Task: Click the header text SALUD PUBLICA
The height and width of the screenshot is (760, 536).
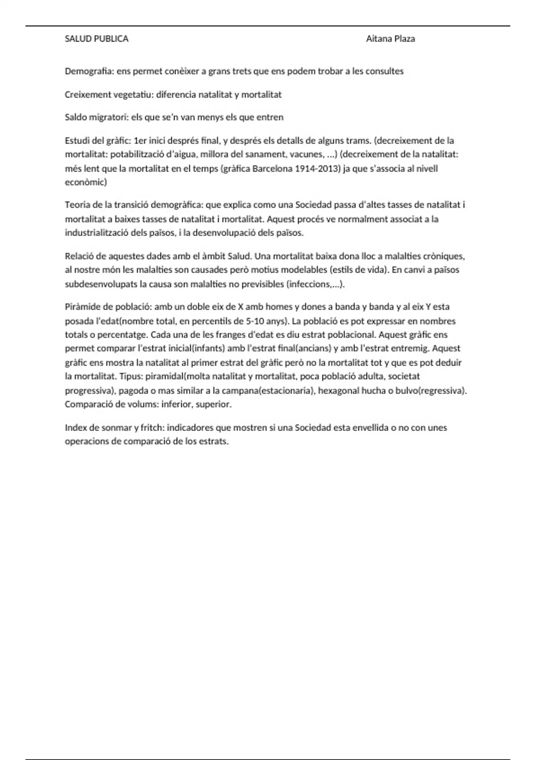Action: coord(96,39)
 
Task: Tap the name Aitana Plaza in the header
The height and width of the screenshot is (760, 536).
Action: coord(390,39)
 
